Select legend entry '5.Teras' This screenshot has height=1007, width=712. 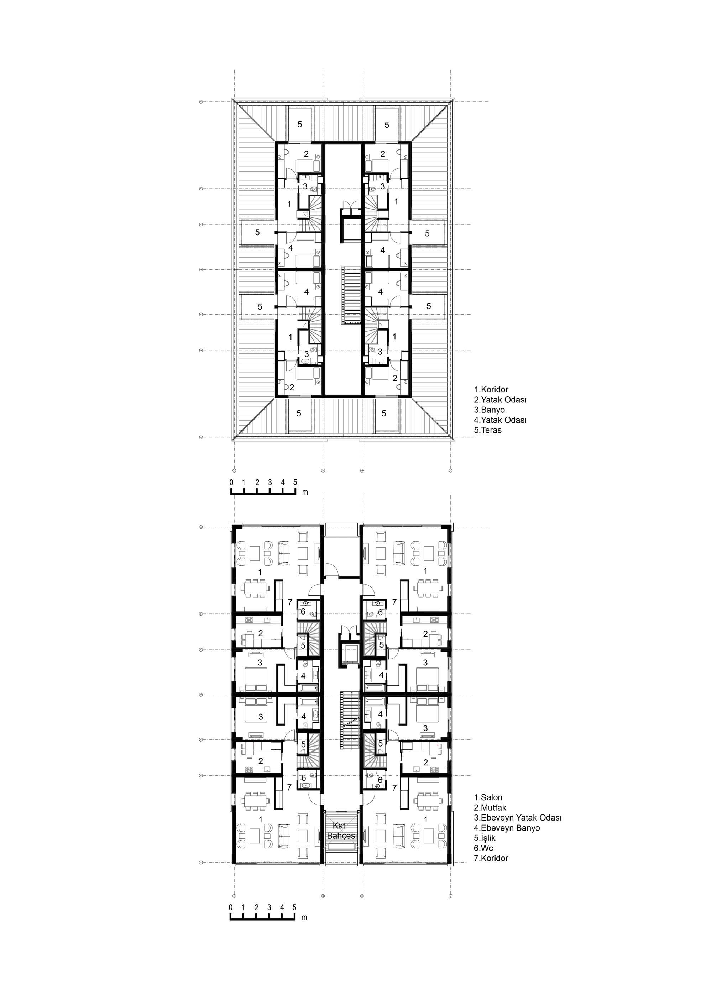point(487,430)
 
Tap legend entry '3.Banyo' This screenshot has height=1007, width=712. point(489,410)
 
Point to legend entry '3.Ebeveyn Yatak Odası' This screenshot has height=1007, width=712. point(518,818)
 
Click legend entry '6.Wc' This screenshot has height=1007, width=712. point(483,848)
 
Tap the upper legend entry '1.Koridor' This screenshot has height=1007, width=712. point(491,390)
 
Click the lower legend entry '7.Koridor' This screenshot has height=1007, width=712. point(491,858)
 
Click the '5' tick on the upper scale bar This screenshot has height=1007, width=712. point(295,483)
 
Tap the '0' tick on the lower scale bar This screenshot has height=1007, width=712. point(231,907)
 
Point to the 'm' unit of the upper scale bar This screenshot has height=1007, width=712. point(305,492)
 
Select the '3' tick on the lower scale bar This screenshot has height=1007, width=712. point(269,907)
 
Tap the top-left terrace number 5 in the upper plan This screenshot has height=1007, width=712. point(300,125)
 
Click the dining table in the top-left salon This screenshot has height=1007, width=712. point(255,587)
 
